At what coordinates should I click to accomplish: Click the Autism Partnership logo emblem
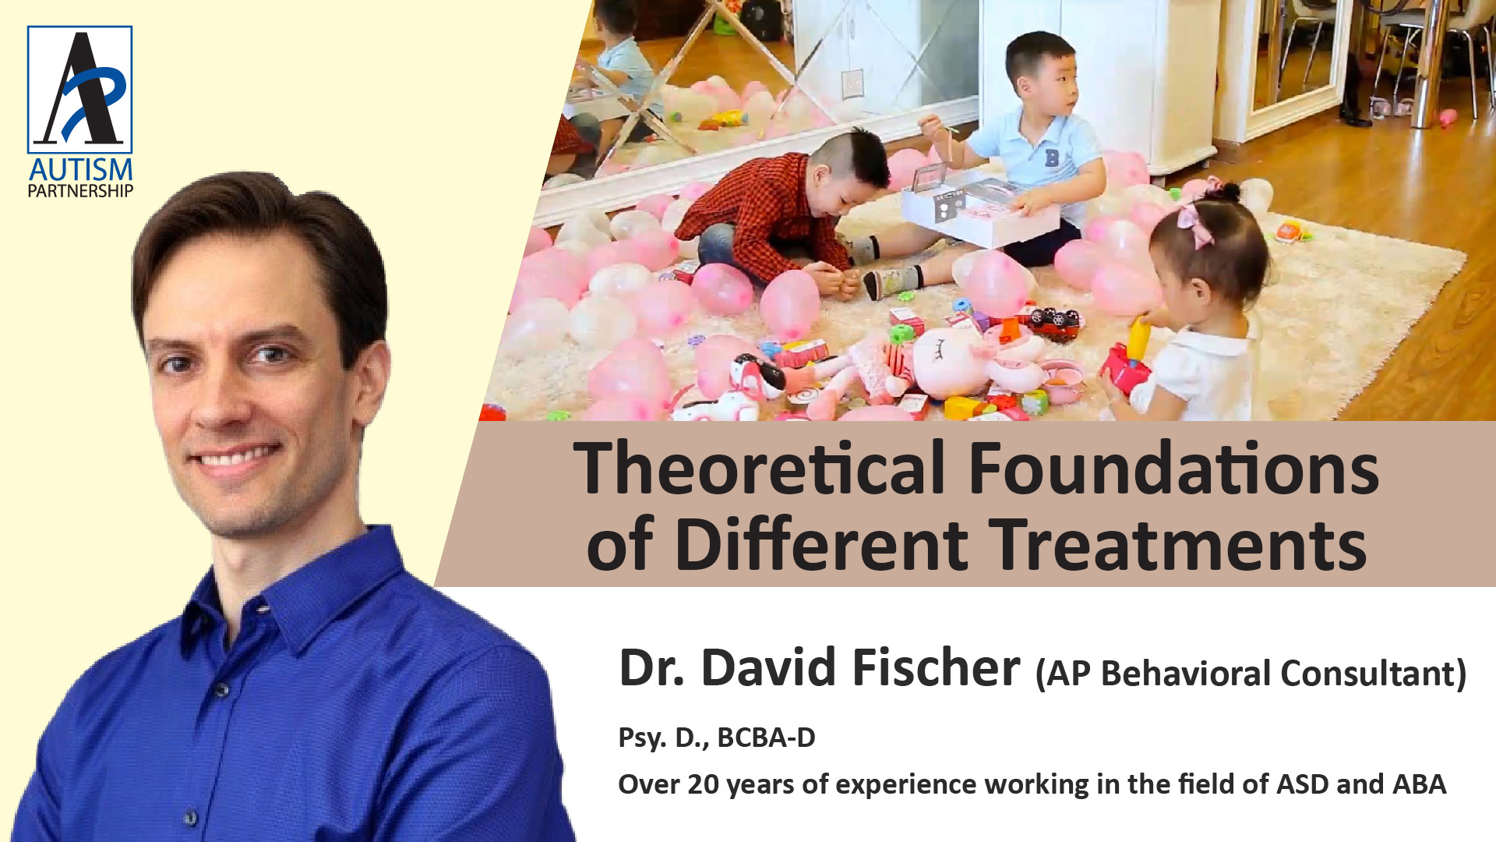[x=80, y=90]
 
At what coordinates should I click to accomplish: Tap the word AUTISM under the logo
[x=80, y=170]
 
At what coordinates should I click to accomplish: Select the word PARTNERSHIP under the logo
[x=80, y=190]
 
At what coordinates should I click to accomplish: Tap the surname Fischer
[x=936, y=668]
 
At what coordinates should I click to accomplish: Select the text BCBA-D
[x=766, y=737]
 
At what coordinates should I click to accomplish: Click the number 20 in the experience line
[x=703, y=784]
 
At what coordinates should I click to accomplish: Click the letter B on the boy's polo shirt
[x=1052, y=158]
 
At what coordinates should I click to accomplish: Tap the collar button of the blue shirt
[x=222, y=691]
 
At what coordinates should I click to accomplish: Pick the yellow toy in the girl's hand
[x=1139, y=341]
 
